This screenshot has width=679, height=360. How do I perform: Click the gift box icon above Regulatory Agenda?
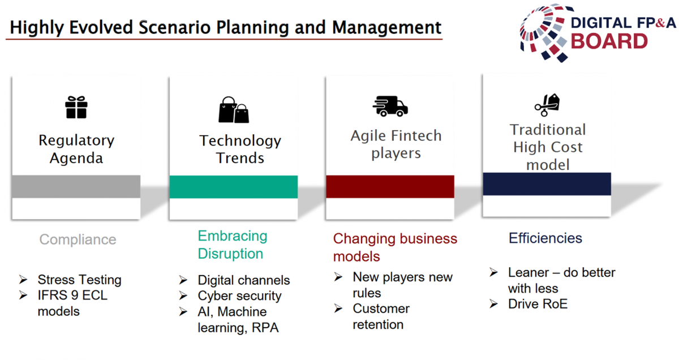76,107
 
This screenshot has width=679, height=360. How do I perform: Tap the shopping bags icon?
234,110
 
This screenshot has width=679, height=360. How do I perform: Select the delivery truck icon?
390,106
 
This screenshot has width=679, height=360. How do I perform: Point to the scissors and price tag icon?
547,105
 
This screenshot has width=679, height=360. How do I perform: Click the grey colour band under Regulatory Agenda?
76,187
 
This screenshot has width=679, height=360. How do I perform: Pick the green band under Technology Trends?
233,187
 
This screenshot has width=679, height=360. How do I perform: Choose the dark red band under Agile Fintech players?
390,187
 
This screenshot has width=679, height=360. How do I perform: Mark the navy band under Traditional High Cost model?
547,184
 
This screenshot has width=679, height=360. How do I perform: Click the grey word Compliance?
78,239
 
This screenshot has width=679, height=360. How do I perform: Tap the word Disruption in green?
230,254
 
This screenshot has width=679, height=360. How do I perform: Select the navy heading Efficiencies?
545,238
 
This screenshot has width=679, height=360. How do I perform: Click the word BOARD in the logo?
609,41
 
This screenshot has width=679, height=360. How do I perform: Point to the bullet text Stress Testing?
79,280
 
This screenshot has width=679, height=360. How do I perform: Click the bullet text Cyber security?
239,295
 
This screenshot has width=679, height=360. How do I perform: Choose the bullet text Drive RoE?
538,304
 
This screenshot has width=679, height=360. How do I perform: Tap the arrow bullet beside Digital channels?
183,280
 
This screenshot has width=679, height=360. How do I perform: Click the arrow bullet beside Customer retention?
338,308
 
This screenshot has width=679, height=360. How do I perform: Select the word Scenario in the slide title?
175,27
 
